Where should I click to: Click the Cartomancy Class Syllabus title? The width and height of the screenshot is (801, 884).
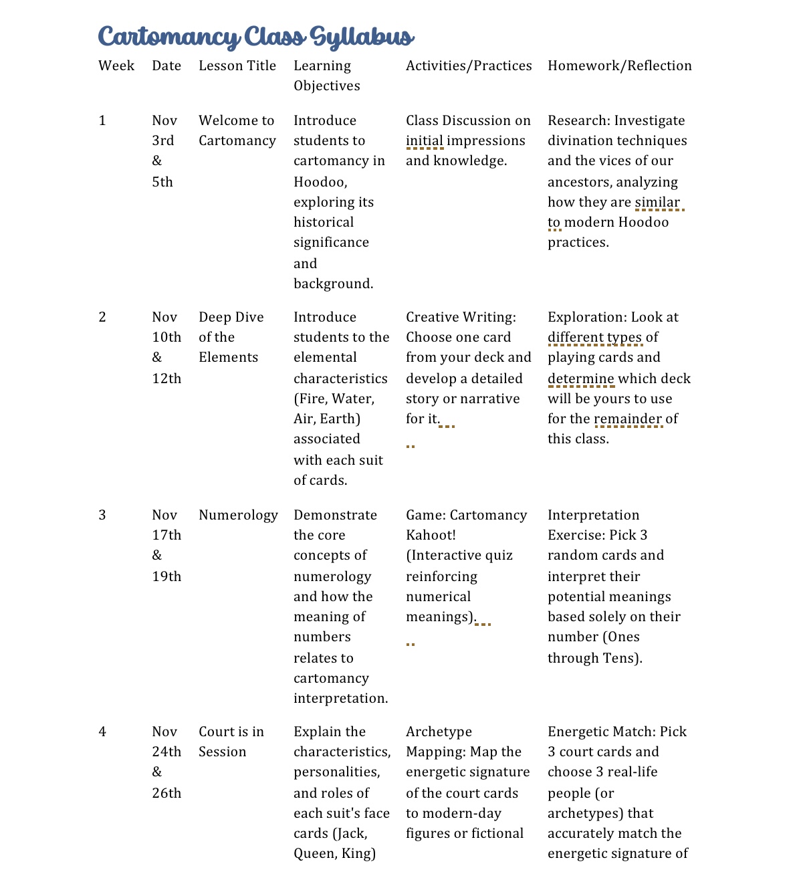point(256,36)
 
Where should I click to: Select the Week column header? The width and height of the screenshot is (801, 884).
point(116,66)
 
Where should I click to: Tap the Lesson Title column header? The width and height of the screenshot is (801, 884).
point(237,66)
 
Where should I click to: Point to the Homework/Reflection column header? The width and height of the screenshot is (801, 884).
point(620,66)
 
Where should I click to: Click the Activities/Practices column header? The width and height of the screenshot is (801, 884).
point(469,66)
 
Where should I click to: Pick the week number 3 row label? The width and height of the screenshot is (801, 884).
point(102,515)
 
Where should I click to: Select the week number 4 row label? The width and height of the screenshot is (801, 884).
point(102,732)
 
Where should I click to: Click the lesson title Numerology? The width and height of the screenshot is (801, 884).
point(238,515)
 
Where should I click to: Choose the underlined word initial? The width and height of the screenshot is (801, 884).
point(425,140)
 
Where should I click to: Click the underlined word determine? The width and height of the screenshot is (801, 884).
point(580,378)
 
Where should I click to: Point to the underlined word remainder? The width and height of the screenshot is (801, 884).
point(628,419)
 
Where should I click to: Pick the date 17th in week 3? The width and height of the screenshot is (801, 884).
point(166,535)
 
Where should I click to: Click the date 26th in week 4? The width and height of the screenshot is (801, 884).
point(166,793)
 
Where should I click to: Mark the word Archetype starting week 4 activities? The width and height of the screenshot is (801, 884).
point(439,732)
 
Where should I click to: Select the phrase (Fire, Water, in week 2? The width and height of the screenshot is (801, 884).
point(334,399)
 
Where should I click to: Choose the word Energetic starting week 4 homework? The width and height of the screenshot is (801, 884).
point(579,732)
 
